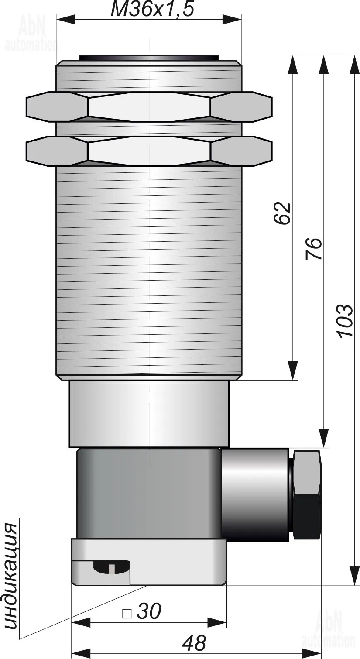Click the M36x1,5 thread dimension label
point(152,10)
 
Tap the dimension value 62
point(282,213)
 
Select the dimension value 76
point(313,249)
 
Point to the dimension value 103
point(344,321)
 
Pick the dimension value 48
point(194,643)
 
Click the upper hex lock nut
point(149,106)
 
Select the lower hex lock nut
point(149,151)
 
